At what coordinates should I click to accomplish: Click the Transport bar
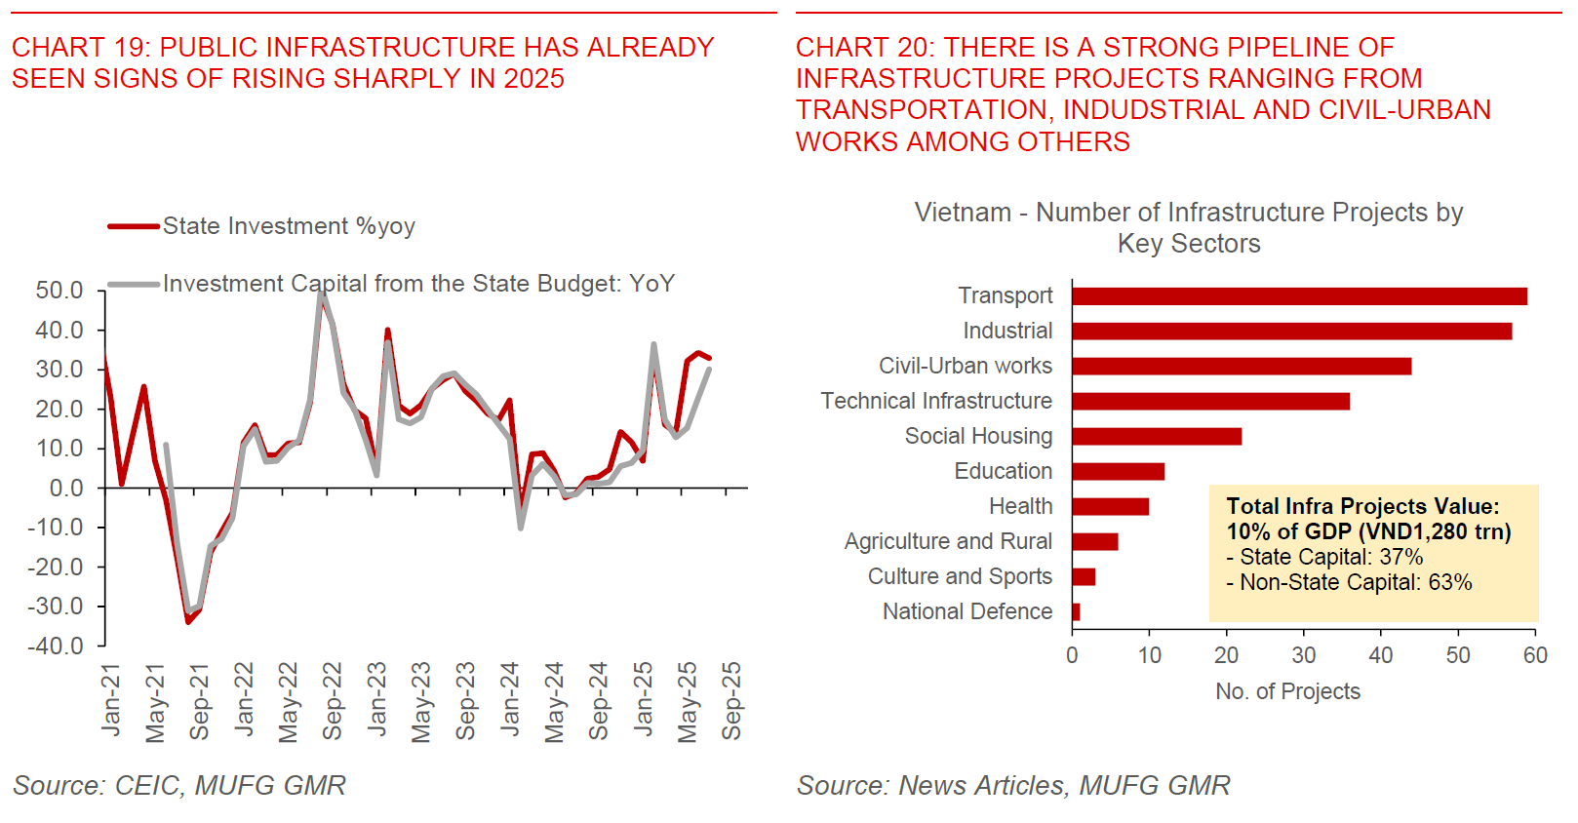click(x=1299, y=296)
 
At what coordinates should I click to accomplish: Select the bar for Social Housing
click(x=1157, y=437)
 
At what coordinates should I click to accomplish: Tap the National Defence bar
click(x=1076, y=612)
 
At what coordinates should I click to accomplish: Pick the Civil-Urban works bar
click(x=1242, y=367)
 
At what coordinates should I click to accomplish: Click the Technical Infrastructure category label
click(x=936, y=401)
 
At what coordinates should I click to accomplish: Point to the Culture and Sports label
click(x=960, y=576)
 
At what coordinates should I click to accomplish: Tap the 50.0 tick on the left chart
click(x=59, y=291)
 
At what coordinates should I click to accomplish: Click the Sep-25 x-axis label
click(x=732, y=701)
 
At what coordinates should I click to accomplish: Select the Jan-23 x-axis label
click(x=377, y=699)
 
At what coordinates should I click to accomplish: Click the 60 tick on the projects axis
click(x=1535, y=655)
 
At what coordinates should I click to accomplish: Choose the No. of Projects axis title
click(x=1287, y=691)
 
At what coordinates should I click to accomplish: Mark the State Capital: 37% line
click(x=1324, y=557)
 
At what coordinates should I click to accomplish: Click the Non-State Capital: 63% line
click(x=1349, y=582)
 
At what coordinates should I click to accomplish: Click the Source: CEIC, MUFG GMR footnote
click(x=179, y=786)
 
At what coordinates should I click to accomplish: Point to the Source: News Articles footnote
click(x=1013, y=786)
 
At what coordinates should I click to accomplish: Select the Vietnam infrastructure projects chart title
click(x=1188, y=227)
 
